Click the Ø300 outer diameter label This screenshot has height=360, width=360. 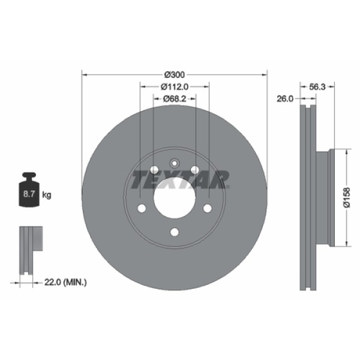pos(174,74)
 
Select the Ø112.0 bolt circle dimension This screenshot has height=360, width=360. pos(175,86)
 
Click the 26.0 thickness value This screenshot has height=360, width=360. pos(284,98)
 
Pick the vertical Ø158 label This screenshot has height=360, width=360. pos(346,197)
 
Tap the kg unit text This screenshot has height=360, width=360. pos(47,194)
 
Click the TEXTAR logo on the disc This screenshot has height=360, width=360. pos(180,179)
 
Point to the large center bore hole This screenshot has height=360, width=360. pos(174,197)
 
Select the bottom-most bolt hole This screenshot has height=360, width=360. pos(174,232)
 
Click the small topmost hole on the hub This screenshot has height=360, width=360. pos(174,163)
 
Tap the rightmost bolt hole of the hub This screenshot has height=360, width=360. pos(207,208)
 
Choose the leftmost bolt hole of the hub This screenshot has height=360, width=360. pos(142,208)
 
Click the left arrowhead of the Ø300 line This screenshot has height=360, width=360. pos(84,75)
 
